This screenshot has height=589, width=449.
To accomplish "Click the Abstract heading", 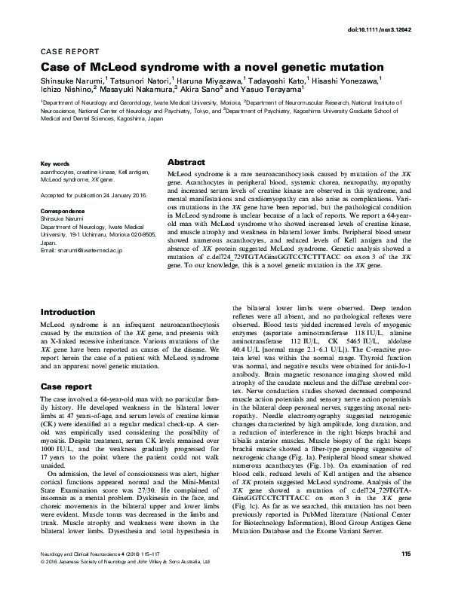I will click(x=186, y=162).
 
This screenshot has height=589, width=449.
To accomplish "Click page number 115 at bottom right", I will click(x=406, y=575).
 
